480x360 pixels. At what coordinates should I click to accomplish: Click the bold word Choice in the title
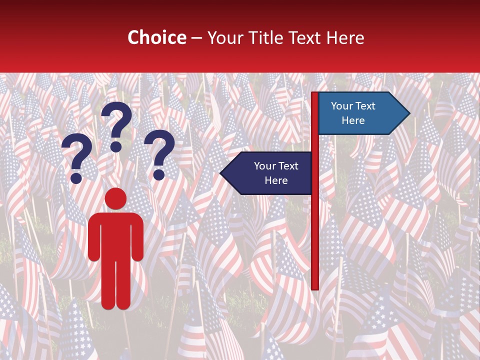pyautogui.click(x=156, y=37)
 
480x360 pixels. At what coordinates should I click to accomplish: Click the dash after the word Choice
pyautogui.click(x=196, y=38)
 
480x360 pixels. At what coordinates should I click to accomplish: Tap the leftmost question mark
pyautogui.click(x=76, y=158)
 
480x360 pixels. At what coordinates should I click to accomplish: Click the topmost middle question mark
pyautogui.click(x=117, y=125)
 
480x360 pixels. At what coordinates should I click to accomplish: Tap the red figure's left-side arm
pyautogui.click(x=93, y=237)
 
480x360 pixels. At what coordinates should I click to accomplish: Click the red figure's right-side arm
pyautogui.click(x=138, y=237)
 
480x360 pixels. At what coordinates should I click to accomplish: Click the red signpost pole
pyautogui.click(x=315, y=225)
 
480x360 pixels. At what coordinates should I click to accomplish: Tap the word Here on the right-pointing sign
pyautogui.click(x=353, y=120)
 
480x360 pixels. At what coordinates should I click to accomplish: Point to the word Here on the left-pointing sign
pyautogui.click(x=276, y=180)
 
